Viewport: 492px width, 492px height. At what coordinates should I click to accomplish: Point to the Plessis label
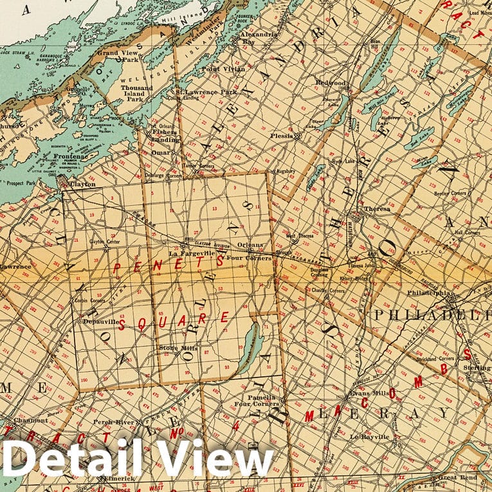click(280, 136)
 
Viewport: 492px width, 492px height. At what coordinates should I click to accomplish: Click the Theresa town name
click(377, 208)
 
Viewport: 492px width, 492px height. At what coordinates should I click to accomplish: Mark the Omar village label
click(161, 152)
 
